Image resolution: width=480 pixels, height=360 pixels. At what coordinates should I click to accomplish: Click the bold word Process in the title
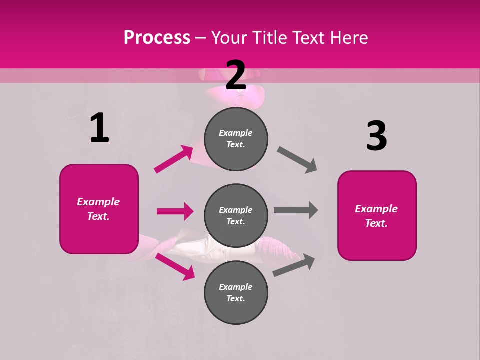click(x=157, y=38)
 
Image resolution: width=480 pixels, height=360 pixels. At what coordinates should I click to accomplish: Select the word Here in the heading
click(x=348, y=38)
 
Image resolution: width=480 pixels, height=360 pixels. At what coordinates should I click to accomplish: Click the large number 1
click(x=99, y=128)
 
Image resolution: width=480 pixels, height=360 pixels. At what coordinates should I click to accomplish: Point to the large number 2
click(x=236, y=75)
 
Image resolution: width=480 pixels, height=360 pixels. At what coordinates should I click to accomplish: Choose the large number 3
click(x=376, y=136)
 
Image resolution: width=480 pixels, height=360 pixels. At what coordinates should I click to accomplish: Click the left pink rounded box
click(x=99, y=209)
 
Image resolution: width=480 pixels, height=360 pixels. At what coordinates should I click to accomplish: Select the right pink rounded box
click(x=377, y=216)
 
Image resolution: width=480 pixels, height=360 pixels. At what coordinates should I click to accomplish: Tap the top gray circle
click(x=236, y=139)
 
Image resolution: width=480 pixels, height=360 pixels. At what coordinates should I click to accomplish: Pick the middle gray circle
click(x=236, y=216)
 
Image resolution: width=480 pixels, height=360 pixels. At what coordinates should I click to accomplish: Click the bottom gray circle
click(x=236, y=293)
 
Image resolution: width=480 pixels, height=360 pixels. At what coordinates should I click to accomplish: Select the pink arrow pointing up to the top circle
click(x=174, y=159)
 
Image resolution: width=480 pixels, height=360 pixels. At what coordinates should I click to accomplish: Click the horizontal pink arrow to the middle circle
click(x=175, y=211)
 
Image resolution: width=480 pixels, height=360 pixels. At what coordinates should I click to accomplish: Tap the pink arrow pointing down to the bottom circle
click(x=175, y=266)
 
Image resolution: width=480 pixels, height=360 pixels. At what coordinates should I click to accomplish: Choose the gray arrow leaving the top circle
click(x=297, y=160)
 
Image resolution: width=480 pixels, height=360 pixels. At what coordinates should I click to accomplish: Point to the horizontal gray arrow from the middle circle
click(x=296, y=210)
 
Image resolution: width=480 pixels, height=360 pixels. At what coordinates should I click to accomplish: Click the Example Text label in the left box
click(x=99, y=209)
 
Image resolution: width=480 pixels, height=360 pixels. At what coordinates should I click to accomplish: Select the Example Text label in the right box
click(x=377, y=216)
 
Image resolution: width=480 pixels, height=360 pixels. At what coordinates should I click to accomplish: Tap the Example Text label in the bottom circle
click(x=236, y=293)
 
